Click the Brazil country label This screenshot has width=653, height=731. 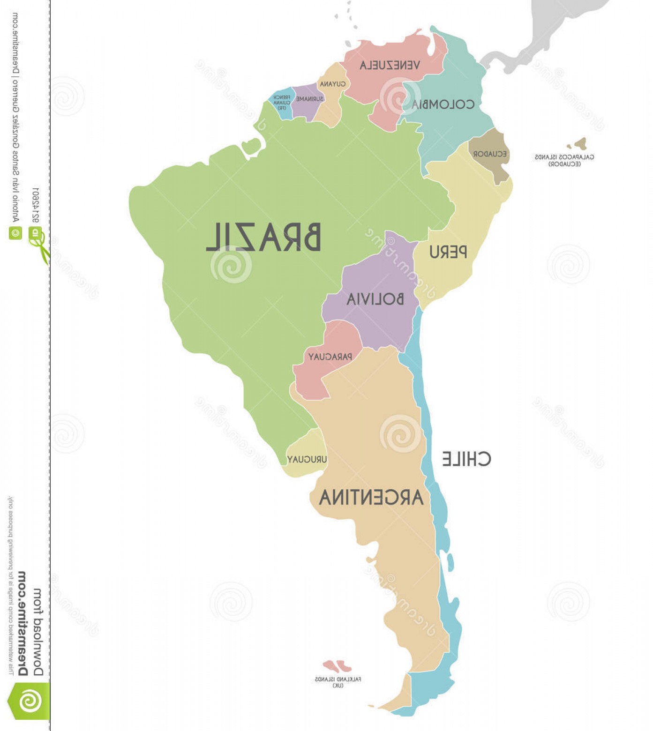click(263, 237)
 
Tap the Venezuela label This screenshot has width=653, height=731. click(390, 65)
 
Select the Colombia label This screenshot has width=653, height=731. click(443, 104)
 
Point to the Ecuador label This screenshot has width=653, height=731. click(489, 154)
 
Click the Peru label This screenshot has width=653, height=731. click(448, 252)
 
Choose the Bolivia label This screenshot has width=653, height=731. click(375, 299)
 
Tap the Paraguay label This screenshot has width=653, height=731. click(330, 357)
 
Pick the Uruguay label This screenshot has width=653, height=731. click(307, 459)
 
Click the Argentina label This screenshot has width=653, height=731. click(371, 497)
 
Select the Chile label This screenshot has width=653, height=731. click(466, 459)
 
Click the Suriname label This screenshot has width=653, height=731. click(309, 99)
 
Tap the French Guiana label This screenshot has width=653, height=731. click(282, 103)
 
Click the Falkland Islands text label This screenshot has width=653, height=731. click(338, 682)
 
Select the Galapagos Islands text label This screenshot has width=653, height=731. click(564, 160)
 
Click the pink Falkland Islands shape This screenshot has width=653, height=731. click(337, 666)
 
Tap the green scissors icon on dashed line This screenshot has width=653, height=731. click(41, 247)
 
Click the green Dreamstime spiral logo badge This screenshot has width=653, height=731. click(29, 701)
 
